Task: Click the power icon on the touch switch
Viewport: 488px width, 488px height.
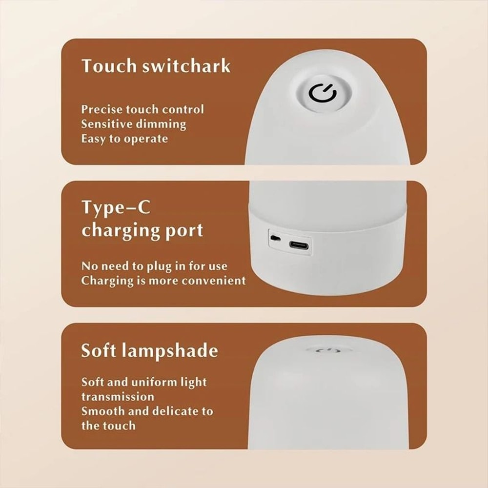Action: (x=322, y=93)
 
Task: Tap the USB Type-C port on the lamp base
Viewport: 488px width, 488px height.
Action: (x=298, y=245)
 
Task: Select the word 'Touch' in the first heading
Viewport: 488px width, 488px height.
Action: (x=109, y=66)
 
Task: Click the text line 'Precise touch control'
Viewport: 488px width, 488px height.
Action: (x=142, y=109)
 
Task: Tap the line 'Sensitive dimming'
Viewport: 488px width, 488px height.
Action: (x=134, y=124)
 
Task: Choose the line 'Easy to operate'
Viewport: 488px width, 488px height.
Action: (x=124, y=139)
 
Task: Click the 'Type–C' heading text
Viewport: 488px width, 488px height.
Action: (x=116, y=208)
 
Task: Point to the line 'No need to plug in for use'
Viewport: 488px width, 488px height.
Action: (x=154, y=266)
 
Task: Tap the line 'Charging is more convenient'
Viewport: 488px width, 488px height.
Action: (x=163, y=281)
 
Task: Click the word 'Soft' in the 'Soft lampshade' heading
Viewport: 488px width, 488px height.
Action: (x=100, y=350)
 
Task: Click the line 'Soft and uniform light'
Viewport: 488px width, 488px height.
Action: (x=144, y=382)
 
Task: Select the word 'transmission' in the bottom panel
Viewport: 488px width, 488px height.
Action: (x=118, y=396)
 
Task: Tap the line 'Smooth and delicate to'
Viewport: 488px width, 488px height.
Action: (x=147, y=411)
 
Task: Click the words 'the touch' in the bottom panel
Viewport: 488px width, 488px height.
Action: (x=108, y=426)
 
